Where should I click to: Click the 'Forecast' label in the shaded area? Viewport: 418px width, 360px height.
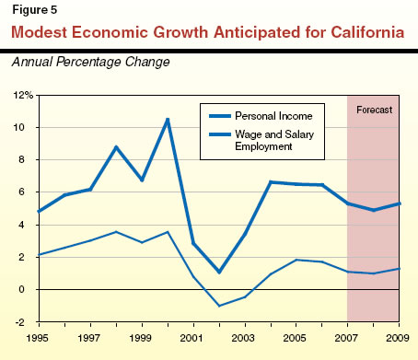[x=375, y=110]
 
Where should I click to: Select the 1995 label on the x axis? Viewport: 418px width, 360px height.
[x=37, y=336]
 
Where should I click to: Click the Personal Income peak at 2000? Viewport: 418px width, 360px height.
[x=167, y=119]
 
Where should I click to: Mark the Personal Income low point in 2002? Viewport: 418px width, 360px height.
[x=219, y=272]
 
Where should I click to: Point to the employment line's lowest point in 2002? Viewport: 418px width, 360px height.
[x=219, y=306]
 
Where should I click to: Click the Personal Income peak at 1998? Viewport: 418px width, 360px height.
[x=115, y=147]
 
